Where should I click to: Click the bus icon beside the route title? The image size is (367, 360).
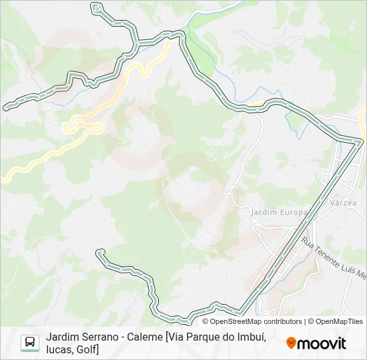tap(30, 343)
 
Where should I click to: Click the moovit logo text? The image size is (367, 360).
tap(322, 343)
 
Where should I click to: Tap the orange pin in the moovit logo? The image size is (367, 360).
tap(291, 343)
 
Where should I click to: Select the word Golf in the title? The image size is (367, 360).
tap(86, 349)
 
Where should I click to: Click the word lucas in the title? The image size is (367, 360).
tap(59, 349)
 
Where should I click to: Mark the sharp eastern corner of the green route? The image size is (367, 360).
tap(361, 141)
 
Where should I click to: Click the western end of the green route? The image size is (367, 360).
tap(6, 107)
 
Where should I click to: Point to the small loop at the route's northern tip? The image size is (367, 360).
tap(97, 8)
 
